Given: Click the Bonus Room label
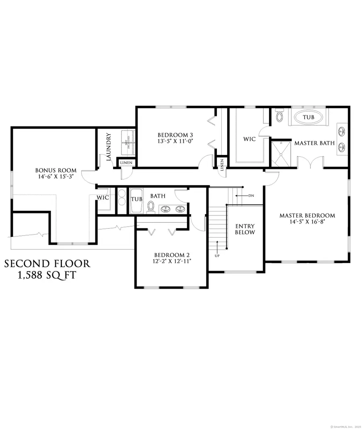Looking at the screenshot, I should pos(56,170).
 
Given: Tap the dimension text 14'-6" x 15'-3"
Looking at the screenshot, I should pos(56,177).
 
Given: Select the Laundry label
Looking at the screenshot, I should pos(108,147).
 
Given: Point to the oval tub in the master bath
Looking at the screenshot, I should pos(309,117).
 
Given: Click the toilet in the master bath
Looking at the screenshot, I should pos(280,117).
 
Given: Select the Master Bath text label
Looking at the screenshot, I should pos(315,143).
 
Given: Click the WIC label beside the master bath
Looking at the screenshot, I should pos(249,139).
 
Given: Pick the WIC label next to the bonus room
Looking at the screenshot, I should pos(103,198).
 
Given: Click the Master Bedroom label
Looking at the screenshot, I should pos(307,216).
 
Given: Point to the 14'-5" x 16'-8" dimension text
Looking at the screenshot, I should pos(307,222).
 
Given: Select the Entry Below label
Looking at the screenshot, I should pos(245,229).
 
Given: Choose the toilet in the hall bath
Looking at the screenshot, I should pos(151,206).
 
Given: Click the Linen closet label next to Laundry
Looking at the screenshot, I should pos(127,163).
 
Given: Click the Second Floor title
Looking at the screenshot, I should pos(47,264).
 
